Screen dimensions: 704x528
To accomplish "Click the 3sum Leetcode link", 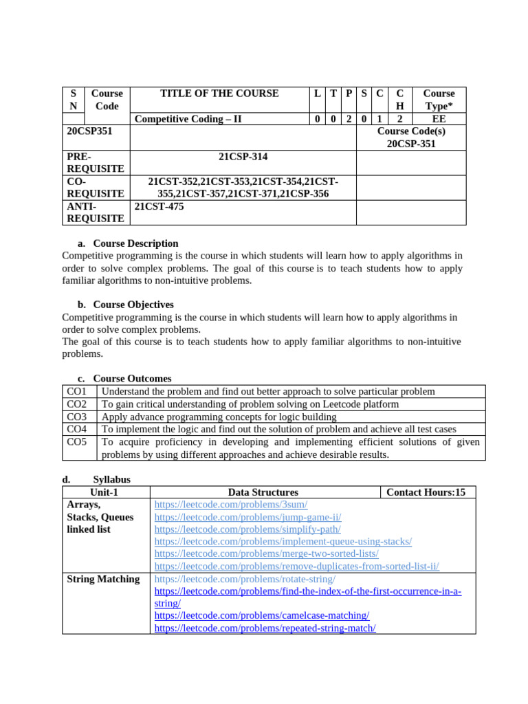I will [230, 505].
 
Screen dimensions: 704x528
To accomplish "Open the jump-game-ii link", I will [247, 517].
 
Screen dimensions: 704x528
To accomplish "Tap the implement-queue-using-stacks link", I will [283, 542].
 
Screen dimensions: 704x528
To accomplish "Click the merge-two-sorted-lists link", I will [266, 554].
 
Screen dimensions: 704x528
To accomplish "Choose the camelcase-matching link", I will [262, 616].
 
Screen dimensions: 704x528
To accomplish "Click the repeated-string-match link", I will [265, 628].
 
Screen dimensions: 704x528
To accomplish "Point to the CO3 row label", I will [77, 417].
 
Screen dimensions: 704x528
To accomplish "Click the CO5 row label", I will [77, 442].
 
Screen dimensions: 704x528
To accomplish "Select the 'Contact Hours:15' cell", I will [426, 492].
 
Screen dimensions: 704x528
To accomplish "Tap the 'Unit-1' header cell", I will [104, 492].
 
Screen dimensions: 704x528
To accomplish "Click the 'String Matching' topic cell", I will [103, 579].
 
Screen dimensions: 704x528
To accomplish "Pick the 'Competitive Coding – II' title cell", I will [188, 119].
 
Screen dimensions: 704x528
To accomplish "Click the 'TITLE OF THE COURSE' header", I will [219, 93].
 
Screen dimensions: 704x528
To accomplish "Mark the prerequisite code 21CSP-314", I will [243, 157].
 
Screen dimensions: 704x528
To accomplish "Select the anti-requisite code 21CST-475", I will [159, 206].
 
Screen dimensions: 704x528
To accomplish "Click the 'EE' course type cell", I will [439, 119].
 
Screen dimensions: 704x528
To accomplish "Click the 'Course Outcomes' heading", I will [132, 379].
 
